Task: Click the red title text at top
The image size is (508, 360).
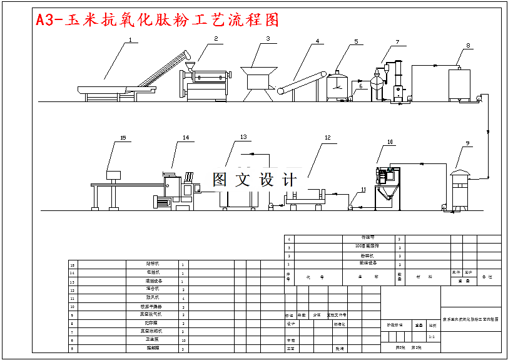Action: coord(157,20)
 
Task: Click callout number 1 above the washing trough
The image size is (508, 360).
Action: coord(130,41)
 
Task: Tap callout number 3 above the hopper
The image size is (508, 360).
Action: coord(268,39)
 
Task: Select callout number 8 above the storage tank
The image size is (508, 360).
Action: coord(467,46)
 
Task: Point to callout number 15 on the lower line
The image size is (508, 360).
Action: coord(123,138)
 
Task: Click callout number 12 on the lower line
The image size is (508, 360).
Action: coord(327,138)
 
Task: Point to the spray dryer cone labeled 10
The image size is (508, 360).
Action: coord(386,185)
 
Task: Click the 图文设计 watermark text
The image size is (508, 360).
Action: coord(254,180)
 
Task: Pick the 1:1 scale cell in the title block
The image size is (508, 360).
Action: coord(432,337)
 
